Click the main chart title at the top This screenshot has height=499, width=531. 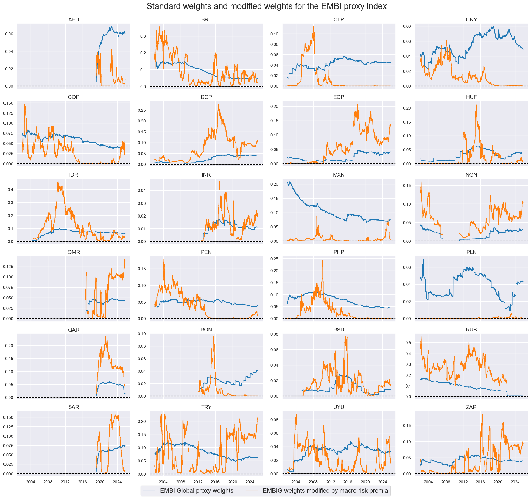point(266,6)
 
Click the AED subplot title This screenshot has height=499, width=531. point(74,19)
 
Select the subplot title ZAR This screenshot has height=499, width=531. point(471,407)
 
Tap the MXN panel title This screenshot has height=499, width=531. point(339,175)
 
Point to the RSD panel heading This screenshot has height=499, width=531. point(339,330)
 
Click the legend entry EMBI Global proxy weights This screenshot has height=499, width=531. point(197,490)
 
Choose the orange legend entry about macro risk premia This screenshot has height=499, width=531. point(325,490)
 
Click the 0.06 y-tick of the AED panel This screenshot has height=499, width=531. point(9,34)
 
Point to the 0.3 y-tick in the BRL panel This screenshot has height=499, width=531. point(143,36)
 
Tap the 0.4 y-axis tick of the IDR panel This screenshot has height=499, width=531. point(10,190)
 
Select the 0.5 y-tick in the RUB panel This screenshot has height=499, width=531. point(408,343)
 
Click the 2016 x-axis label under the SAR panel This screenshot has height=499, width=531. point(82,482)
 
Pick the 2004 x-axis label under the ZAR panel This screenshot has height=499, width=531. point(428,482)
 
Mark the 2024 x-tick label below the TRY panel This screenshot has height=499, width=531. point(250,482)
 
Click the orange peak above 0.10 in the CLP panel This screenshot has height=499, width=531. point(314,27)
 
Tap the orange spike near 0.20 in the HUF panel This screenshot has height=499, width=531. point(476,104)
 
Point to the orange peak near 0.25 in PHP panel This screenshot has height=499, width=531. point(323,260)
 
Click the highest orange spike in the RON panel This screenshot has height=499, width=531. point(213,337)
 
